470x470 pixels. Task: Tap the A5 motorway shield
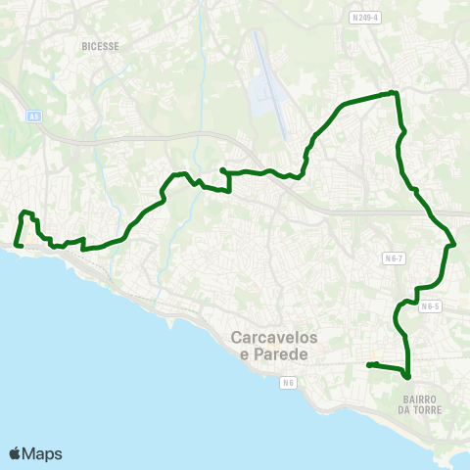pyautogui.click(x=35, y=117)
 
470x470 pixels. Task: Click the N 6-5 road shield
pyautogui.click(x=432, y=305)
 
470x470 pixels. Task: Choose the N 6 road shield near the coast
pyautogui.click(x=288, y=382)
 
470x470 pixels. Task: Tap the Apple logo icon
pyautogui.click(x=17, y=453)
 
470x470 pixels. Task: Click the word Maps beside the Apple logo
pyautogui.click(x=43, y=453)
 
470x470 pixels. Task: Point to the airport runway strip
pyautogui.click(x=268, y=83)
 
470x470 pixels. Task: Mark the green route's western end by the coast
pyautogui.click(x=18, y=245)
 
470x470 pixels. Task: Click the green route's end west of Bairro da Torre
pyautogui.click(x=369, y=365)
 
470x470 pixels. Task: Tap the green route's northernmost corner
pyautogui.click(x=393, y=93)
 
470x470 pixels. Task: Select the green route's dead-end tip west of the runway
pyautogui.click(x=222, y=170)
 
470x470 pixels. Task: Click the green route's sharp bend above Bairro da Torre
pyautogui.click(x=406, y=376)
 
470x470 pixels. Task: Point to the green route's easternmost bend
pyautogui.click(x=454, y=244)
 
